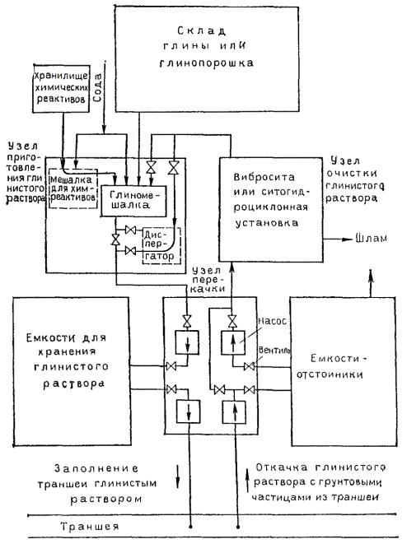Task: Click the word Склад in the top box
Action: coord(201,30)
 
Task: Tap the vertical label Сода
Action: coord(98,88)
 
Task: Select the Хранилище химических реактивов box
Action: coord(61,88)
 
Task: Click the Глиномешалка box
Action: coord(133,201)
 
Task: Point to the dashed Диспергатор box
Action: coord(161,245)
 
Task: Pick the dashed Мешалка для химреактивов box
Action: coord(73,188)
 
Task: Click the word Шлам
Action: coord(372,239)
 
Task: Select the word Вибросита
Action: coord(264,177)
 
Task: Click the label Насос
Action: coord(273,321)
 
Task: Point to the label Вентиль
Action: coord(274,350)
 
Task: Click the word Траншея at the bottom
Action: coord(91,527)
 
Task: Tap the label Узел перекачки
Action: coord(208,280)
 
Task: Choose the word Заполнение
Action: coord(96,468)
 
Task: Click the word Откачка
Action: coord(282,467)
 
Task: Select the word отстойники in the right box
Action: coord(330,374)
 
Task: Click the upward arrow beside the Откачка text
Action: coord(247,481)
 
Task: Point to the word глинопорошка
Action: coord(207,63)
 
